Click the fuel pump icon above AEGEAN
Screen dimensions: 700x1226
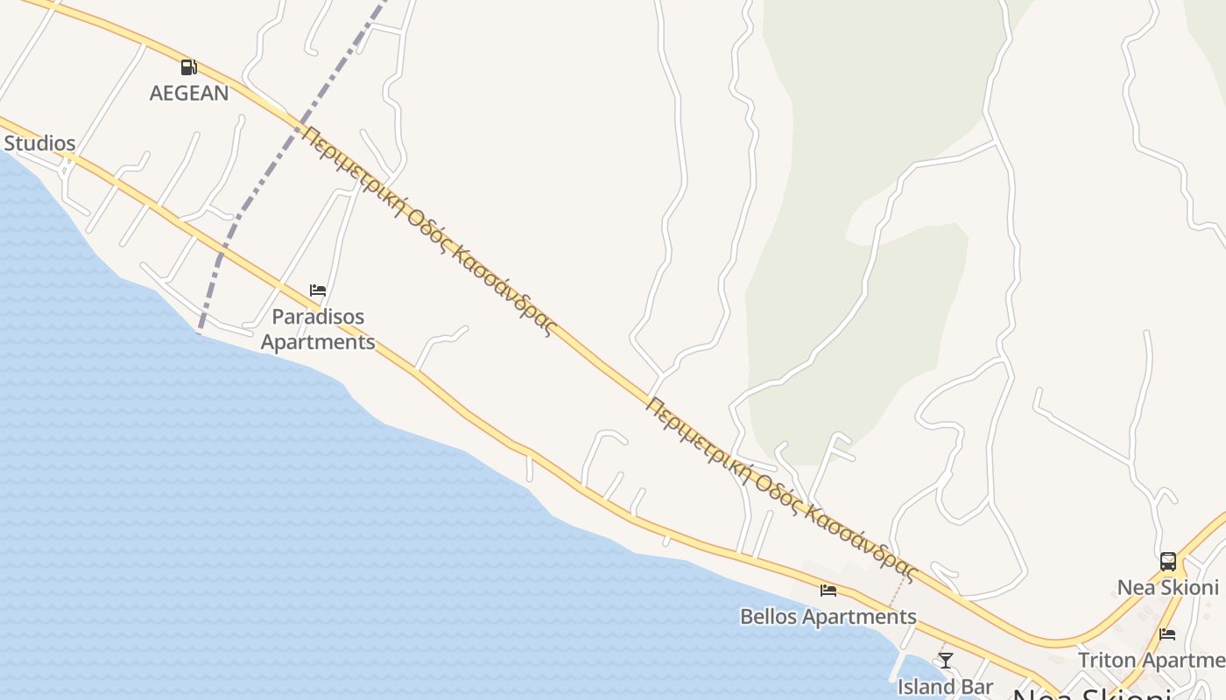tap(188, 67)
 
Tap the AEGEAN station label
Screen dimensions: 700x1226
tap(189, 93)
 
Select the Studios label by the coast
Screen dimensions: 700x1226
tap(39, 143)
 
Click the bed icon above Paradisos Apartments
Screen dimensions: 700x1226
tap(318, 290)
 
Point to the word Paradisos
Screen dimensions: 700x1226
tap(318, 316)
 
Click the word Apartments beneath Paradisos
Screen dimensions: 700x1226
tap(318, 341)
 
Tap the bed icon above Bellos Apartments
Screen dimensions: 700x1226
tap(828, 591)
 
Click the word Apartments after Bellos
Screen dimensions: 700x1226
tap(859, 616)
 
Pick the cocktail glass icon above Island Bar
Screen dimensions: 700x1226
tap(945, 660)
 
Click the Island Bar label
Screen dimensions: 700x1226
tap(945, 686)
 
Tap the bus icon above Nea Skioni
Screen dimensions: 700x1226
tap(1167, 562)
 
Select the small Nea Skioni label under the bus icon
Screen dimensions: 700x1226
tap(1167, 587)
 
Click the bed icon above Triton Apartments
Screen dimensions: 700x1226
tap(1167, 634)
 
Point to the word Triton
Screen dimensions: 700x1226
tap(1106, 660)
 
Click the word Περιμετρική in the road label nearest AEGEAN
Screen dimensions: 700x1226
tap(350, 171)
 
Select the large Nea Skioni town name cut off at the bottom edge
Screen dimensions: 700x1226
tap(1091, 693)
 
